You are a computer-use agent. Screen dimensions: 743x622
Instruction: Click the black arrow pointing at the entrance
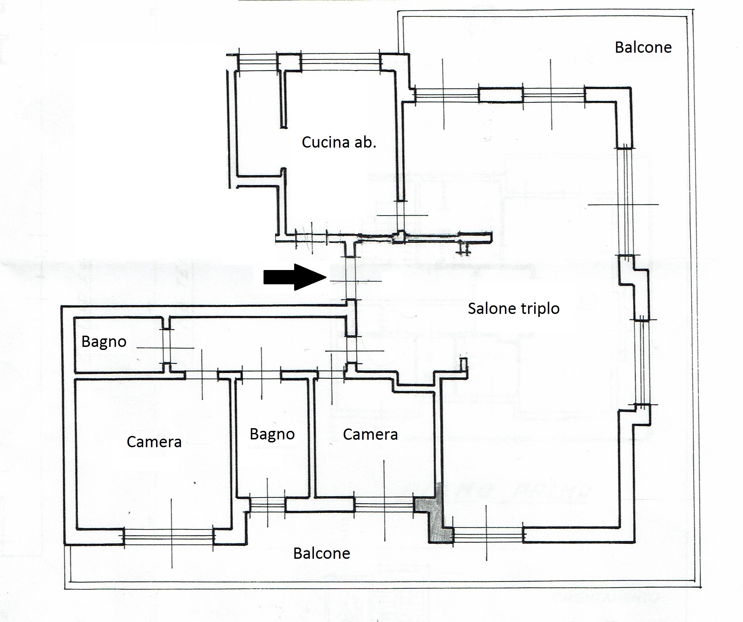click(x=295, y=278)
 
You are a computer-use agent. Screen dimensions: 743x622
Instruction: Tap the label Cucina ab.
click(x=339, y=142)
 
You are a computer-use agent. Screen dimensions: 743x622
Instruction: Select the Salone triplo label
click(x=514, y=308)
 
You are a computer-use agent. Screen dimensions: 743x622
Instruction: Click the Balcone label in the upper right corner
click(x=643, y=47)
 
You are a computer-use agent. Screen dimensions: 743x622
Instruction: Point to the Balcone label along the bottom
click(x=322, y=553)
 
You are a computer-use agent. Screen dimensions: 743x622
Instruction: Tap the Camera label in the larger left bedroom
click(x=154, y=442)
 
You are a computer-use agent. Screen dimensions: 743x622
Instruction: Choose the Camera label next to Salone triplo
click(x=370, y=435)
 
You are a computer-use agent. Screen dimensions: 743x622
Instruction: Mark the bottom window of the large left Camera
click(x=169, y=537)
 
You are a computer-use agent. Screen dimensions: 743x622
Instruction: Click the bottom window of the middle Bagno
click(x=268, y=505)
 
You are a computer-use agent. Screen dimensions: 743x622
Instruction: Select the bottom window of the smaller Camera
click(x=384, y=505)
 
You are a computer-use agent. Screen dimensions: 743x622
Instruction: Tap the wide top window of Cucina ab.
click(x=341, y=62)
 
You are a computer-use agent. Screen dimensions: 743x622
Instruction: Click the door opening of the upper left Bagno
click(x=166, y=347)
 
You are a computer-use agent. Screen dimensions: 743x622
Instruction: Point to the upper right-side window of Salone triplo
click(x=625, y=202)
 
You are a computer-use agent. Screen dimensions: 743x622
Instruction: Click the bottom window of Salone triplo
click(x=488, y=535)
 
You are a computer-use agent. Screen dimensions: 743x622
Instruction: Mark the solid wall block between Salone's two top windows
click(x=501, y=95)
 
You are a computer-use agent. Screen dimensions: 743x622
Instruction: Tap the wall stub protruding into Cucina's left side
click(x=283, y=99)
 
